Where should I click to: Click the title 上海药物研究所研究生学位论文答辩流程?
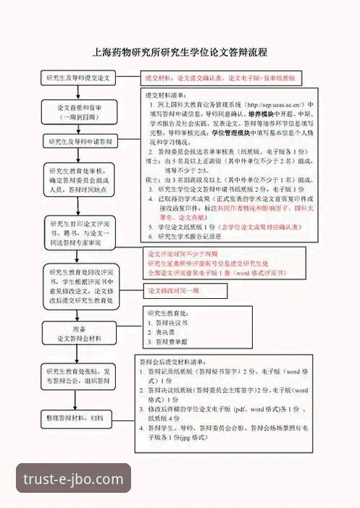[x=180, y=53]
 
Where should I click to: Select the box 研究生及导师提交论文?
[x=78, y=77]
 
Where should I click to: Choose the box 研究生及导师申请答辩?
[x=78, y=142]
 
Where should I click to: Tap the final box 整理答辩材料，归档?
[x=78, y=418]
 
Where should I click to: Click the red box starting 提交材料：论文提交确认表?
[x=221, y=77]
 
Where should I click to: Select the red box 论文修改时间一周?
[x=174, y=292]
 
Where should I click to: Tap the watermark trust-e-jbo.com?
[x=74, y=478]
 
